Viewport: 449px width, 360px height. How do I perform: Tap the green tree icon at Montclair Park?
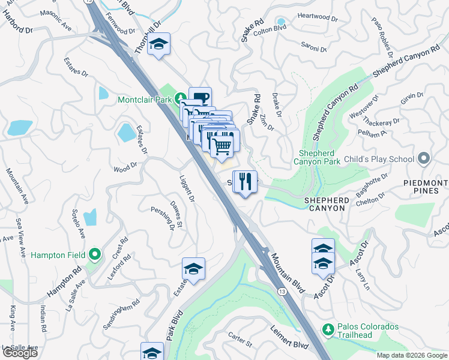coord(179,98)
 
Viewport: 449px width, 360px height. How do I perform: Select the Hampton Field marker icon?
coord(94,254)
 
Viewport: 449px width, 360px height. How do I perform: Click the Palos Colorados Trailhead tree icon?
coord(327,329)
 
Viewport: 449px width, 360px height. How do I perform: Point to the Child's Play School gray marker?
coord(424,159)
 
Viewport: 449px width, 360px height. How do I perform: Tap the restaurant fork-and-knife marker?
coord(244,181)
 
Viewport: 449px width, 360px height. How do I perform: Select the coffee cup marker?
coord(200,98)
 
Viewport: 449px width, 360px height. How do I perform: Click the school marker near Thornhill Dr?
coord(158,44)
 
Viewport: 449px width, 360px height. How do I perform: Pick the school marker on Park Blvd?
coord(193,270)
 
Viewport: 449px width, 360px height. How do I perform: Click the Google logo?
coord(20,353)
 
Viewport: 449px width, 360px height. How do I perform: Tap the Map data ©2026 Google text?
coord(412,355)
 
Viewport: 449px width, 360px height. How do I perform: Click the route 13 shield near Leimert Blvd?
coord(281,290)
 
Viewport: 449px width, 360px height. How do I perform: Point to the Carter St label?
coord(240,340)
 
